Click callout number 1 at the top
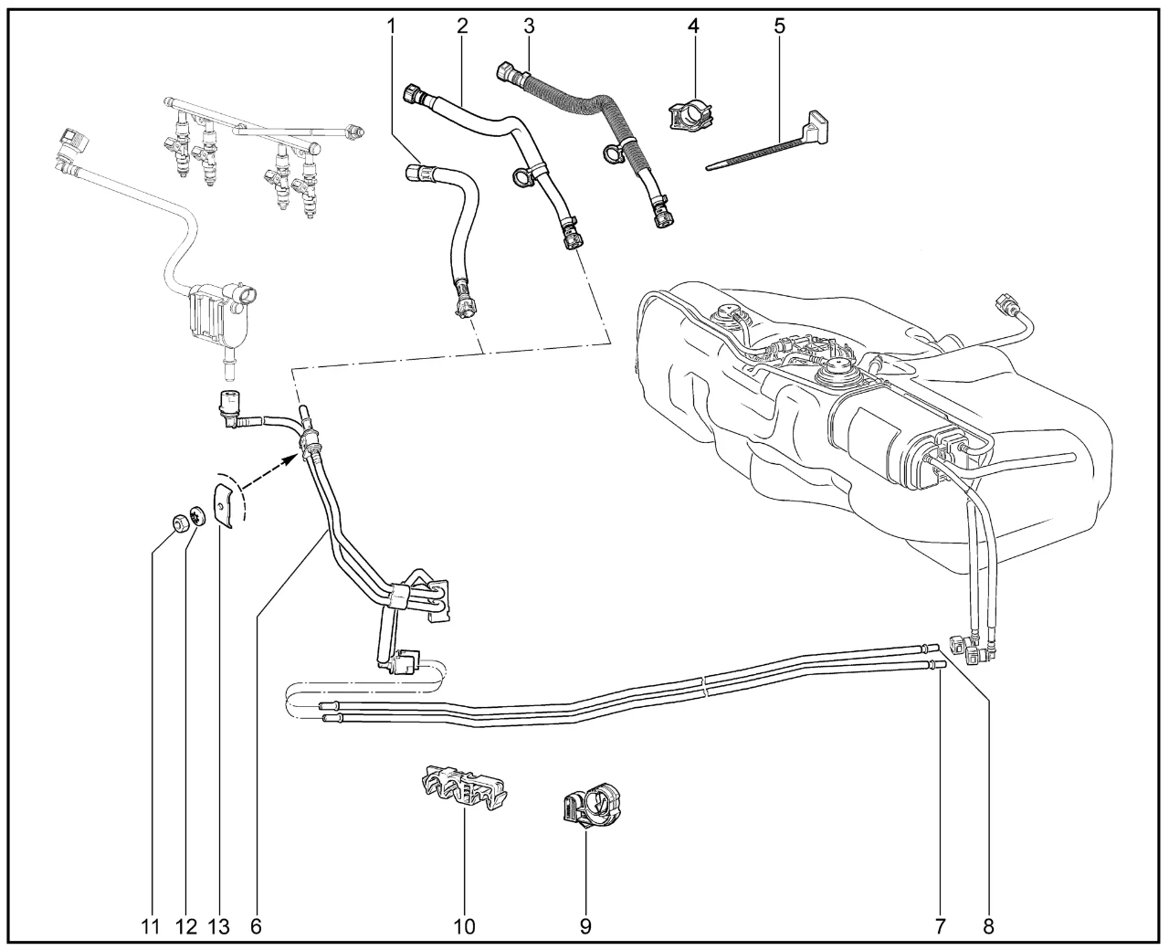point(393,25)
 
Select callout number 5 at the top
point(779,25)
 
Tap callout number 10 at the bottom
point(464,926)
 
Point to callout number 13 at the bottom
point(218,926)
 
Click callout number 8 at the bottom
point(987,926)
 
